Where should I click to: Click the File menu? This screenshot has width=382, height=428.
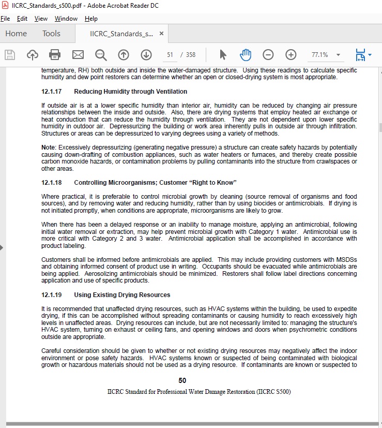pyautogui.click(x=5, y=19)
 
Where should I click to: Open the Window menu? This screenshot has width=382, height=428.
pyautogui.click(x=66, y=19)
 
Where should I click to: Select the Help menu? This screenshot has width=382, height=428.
pyautogui.click(x=91, y=19)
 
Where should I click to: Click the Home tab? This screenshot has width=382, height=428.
pyautogui.click(x=16, y=34)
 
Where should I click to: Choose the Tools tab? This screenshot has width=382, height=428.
pyautogui.click(x=51, y=34)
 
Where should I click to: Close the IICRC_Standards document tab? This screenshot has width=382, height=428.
pyautogui.click(x=161, y=34)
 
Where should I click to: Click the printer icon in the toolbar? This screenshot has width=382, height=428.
pyautogui.click(x=55, y=54)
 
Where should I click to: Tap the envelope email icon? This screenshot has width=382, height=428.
pyautogui.click(x=78, y=54)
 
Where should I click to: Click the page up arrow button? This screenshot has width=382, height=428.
pyautogui.click(x=123, y=54)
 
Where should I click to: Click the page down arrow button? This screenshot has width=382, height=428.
pyautogui.click(x=146, y=54)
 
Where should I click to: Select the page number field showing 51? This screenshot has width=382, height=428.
pyautogui.click(x=170, y=54)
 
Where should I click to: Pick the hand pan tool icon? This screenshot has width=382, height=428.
pyautogui.click(x=245, y=54)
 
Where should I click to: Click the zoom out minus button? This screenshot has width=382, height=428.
pyautogui.click(x=268, y=54)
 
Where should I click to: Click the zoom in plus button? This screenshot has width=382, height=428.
pyautogui.click(x=291, y=54)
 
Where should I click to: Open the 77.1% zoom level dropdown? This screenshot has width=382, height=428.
pyautogui.click(x=338, y=54)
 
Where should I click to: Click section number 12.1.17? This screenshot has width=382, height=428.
pyautogui.click(x=51, y=92)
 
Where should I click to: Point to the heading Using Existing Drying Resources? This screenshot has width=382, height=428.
pyautogui.click(x=122, y=295)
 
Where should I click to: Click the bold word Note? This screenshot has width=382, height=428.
pyautogui.click(x=49, y=147)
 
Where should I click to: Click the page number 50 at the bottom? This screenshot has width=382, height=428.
pyautogui.click(x=182, y=380)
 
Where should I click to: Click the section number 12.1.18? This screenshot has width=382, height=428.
pyautogui.click(x=51, y=183)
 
